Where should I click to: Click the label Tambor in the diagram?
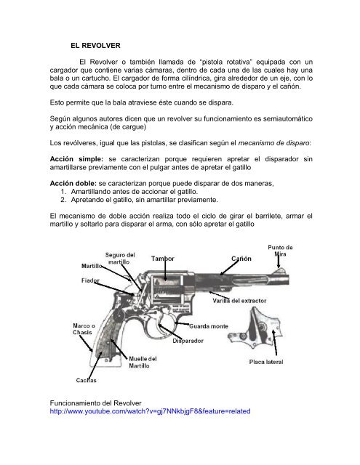[164, 259]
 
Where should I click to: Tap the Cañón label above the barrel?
[241, 259]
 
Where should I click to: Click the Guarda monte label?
[210, 325]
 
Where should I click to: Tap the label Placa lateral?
[268, 361]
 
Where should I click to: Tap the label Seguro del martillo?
[119, 259]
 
